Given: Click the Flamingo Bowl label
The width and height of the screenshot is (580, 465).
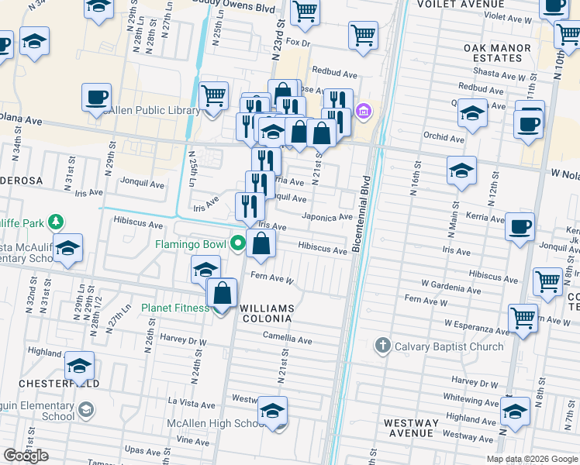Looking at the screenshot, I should click(x=188, y=244).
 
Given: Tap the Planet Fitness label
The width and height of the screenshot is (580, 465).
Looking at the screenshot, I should click(x=175, y=308).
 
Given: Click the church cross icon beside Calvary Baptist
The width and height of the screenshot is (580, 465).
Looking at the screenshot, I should click(x=381, y=345).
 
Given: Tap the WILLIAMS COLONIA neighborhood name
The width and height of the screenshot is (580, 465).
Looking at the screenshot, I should click(x=266, y=313).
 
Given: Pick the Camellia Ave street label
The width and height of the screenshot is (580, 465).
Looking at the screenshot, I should click(x=287, y=339).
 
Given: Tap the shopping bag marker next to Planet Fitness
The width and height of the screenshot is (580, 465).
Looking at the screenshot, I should click(x=222, y=294).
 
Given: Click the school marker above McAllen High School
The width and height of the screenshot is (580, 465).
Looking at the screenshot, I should click(x=272, y=412).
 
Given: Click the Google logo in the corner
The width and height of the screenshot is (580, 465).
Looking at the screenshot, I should click(x=26, y=456).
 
